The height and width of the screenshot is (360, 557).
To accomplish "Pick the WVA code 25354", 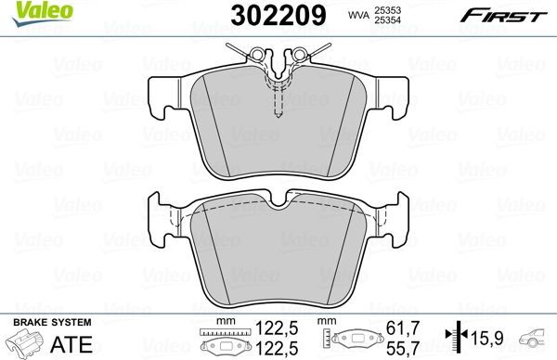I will tap(389, 21).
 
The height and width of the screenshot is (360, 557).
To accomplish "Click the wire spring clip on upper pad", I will tap(276, 65).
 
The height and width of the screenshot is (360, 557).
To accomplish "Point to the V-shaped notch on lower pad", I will tap(277, 201).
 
